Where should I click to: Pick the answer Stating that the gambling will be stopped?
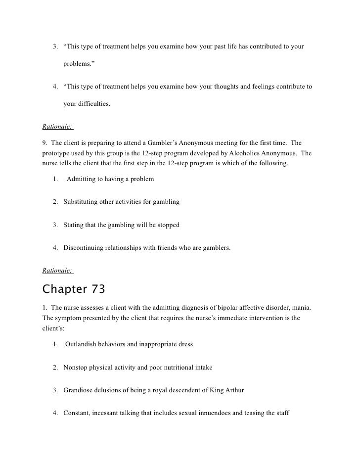click(121, 225)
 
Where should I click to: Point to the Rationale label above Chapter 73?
click(58, 270)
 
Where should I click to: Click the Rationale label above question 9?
click(58, 126)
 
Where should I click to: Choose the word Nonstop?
click(75, 367)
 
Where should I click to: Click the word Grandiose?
click(78, 390)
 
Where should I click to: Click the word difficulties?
click(93, 104)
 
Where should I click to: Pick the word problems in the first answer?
click(78, 64)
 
